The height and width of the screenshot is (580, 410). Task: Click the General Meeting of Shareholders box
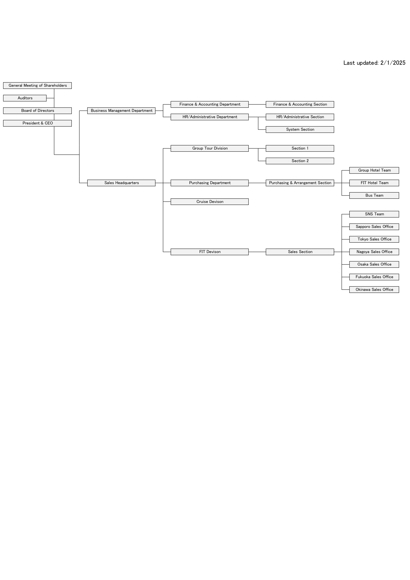point(37,86)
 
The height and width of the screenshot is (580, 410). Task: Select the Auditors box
point(25,98)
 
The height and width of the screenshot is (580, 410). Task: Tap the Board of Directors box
point(37,111)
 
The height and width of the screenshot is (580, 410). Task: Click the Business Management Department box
point(121,111)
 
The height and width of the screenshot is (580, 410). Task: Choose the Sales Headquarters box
point(121,183)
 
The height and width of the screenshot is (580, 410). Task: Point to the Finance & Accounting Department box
point(210,104)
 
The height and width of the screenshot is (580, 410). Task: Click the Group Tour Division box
point(210,148)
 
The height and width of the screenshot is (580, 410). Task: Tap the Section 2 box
point(300,161)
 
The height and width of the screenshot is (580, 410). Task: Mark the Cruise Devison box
point(210,202)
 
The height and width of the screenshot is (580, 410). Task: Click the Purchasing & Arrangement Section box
point(300,183)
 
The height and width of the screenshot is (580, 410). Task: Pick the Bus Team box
point(374,196)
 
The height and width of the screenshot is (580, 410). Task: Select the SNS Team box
point(374,214)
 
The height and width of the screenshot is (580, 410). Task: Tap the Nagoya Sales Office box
point(374,252)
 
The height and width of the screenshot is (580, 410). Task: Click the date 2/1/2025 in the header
point(393,63)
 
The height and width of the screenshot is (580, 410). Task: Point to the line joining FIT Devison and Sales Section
point(257,252)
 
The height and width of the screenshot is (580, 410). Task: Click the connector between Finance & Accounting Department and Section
point(257,104)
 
